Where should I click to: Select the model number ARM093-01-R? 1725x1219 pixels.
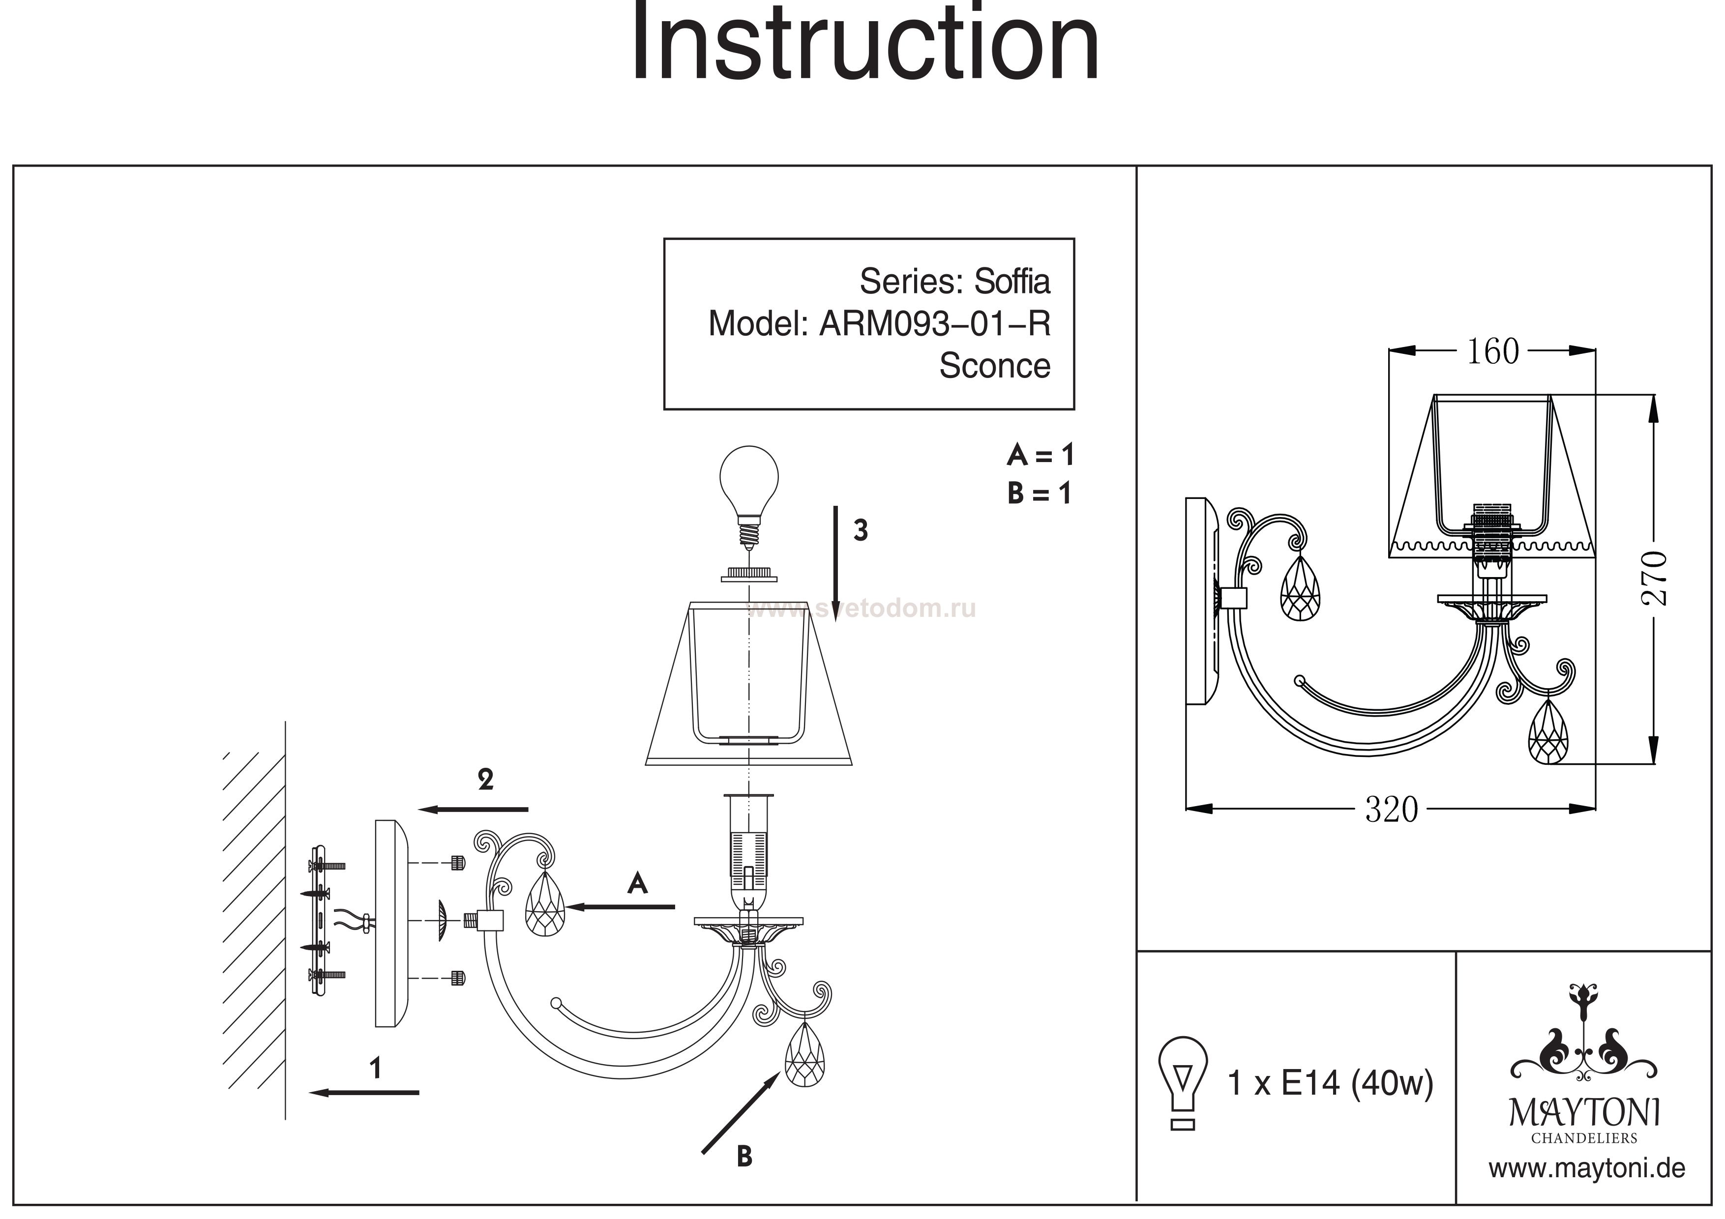(x=934, y=324)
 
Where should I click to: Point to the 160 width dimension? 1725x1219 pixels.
(x=1492, y=351)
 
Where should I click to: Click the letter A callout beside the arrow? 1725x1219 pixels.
(x=637, y=883)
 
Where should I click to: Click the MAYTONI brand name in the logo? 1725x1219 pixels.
(x=1584, y=1113)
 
